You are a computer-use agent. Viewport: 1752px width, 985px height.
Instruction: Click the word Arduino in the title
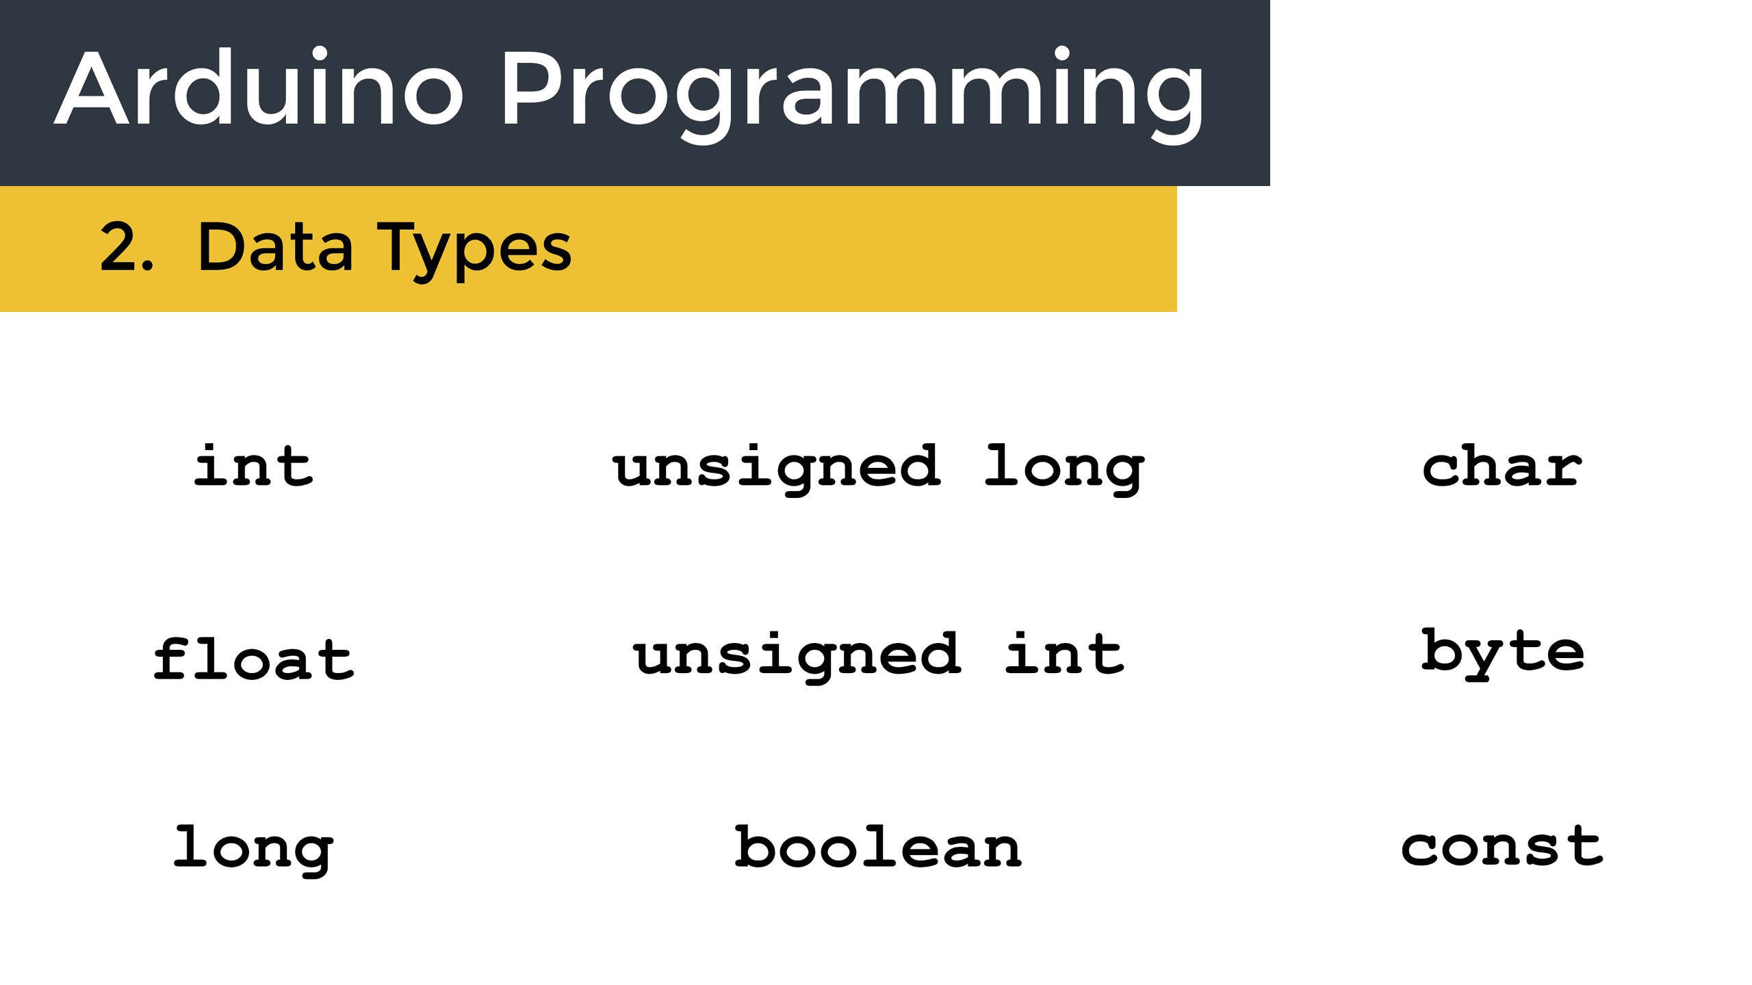point(259,86)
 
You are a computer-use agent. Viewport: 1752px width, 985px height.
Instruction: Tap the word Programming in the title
point(853,96)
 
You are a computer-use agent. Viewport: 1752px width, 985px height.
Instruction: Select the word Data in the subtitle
point(275,246)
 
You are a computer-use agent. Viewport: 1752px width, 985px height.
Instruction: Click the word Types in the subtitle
point(474,251)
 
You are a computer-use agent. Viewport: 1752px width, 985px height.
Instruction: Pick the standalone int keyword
point(254,466)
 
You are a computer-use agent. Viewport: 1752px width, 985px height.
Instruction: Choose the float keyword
point(254,658)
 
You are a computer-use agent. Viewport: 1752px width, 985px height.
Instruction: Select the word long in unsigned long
point(1065,469)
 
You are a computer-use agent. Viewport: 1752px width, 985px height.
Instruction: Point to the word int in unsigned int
point(1065,653)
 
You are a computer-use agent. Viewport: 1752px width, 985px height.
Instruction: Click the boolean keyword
point(879,846)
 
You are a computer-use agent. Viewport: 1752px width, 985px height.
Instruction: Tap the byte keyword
point(1503,654)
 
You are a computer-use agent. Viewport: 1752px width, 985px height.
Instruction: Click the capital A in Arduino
point(92,88)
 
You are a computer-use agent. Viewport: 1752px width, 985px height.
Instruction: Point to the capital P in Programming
point(531,88)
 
